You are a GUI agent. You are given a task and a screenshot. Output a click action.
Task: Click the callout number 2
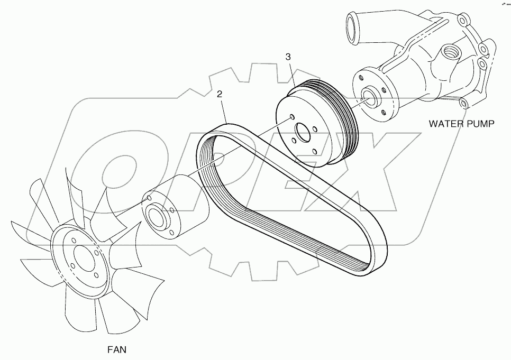[x=220, y=95]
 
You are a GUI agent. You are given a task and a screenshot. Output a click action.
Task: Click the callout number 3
[x=288, y=57]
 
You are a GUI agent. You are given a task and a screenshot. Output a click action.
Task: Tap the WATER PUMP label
[x=461, y=124]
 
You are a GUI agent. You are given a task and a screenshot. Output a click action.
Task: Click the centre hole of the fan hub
[x=83, y=259]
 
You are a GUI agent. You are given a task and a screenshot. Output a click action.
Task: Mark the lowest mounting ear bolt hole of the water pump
[x=463, y=102]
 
